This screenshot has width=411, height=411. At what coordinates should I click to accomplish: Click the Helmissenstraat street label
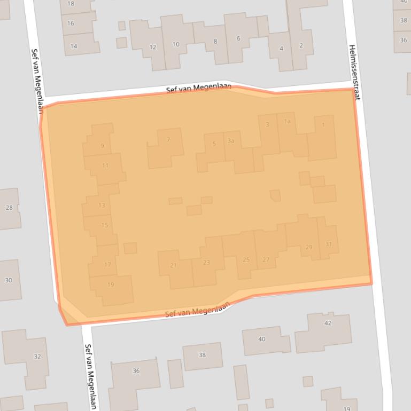coord(354,72)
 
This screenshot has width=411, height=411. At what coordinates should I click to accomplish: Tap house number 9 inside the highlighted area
coord(102,146)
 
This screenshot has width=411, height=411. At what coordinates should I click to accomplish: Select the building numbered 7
coord(168,140)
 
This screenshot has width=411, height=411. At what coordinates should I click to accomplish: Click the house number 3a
coord(231,141)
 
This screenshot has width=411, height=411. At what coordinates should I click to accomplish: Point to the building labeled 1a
coord(287,122)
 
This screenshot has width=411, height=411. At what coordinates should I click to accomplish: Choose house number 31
coord(328,244)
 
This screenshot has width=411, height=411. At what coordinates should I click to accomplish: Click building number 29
coord(308,247)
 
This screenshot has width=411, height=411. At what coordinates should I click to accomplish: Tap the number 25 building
coord(246,259)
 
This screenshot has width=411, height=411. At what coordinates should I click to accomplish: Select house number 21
coord(173,265)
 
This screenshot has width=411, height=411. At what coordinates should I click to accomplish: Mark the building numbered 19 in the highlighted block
coord(111,284)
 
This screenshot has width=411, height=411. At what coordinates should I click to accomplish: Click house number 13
coord(102,205)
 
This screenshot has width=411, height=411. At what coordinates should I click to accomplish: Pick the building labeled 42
coord(327,323)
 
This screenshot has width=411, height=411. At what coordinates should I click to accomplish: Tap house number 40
coord(261,339)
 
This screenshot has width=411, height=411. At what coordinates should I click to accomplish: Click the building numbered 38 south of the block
coord(202,355)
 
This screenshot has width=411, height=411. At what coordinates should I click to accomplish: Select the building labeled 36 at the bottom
coord(136,371)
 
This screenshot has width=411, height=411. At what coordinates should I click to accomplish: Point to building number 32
coord(37,357)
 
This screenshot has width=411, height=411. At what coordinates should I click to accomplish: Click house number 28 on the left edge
coord(9,208)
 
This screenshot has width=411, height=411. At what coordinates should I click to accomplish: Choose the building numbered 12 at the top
coord(152,47)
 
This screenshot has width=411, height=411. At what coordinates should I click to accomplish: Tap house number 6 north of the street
coord(238,38)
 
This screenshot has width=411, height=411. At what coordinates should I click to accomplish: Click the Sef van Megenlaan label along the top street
coord(198,88)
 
